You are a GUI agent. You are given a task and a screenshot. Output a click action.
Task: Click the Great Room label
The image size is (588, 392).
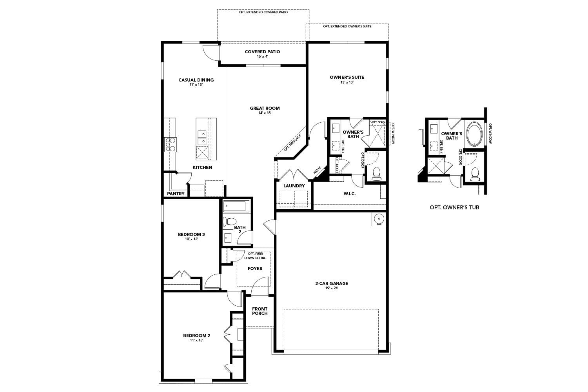coord(265,108)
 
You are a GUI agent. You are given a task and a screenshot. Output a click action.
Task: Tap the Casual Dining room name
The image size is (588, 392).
coord(196,80)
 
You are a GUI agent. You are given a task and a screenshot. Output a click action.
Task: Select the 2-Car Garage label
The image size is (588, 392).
coord(332,283)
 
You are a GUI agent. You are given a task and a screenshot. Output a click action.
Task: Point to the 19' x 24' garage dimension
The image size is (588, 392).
coord(332,288)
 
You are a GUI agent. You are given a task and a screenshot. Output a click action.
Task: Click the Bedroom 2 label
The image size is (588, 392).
coord(197,336)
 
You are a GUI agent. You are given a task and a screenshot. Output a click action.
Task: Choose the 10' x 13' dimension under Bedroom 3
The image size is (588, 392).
coord(191,239)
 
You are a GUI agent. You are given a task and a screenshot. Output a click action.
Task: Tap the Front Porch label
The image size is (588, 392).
coord(260,311)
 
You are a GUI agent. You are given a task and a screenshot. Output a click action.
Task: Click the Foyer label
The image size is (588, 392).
coord(255,269)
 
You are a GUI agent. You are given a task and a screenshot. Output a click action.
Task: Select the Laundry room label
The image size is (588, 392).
coord(294,186)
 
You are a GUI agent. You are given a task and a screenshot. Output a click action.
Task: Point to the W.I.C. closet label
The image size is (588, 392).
coord(350,194)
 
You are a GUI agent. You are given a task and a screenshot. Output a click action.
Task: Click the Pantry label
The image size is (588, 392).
coord(176,194)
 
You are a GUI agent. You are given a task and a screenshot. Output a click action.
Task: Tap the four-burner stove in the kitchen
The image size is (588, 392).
coord(170,144)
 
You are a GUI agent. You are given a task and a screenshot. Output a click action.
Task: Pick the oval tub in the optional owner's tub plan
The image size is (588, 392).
coord(474,134)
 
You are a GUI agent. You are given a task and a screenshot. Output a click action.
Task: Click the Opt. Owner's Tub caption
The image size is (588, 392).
coord(454,207)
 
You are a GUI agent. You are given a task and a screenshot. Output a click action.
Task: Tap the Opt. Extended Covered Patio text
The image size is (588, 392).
coord(263,12)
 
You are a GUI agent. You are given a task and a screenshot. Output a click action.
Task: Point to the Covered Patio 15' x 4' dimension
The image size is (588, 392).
coord(263,56)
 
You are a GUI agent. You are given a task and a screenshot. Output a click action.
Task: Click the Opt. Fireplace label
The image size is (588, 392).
coord(292,143)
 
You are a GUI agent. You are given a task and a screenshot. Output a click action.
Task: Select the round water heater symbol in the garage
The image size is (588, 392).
coord(379,219)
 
